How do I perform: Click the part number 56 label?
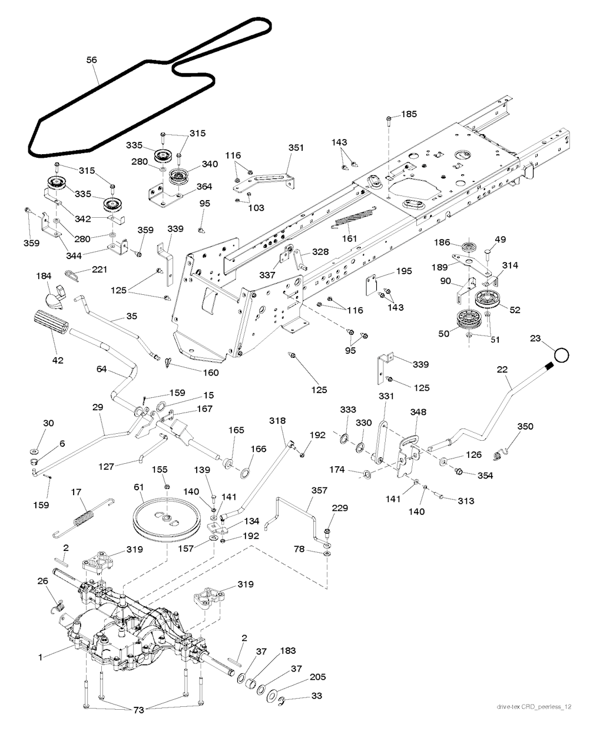pos(91,60)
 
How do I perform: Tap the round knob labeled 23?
pos(561,355)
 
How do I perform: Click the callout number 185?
pos(409,114)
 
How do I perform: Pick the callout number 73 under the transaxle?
pos(138,710)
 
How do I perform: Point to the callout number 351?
pos(296,148)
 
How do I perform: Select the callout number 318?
pos(277,421)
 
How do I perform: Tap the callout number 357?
pos(320,489)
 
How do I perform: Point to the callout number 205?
pos(317,677)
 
